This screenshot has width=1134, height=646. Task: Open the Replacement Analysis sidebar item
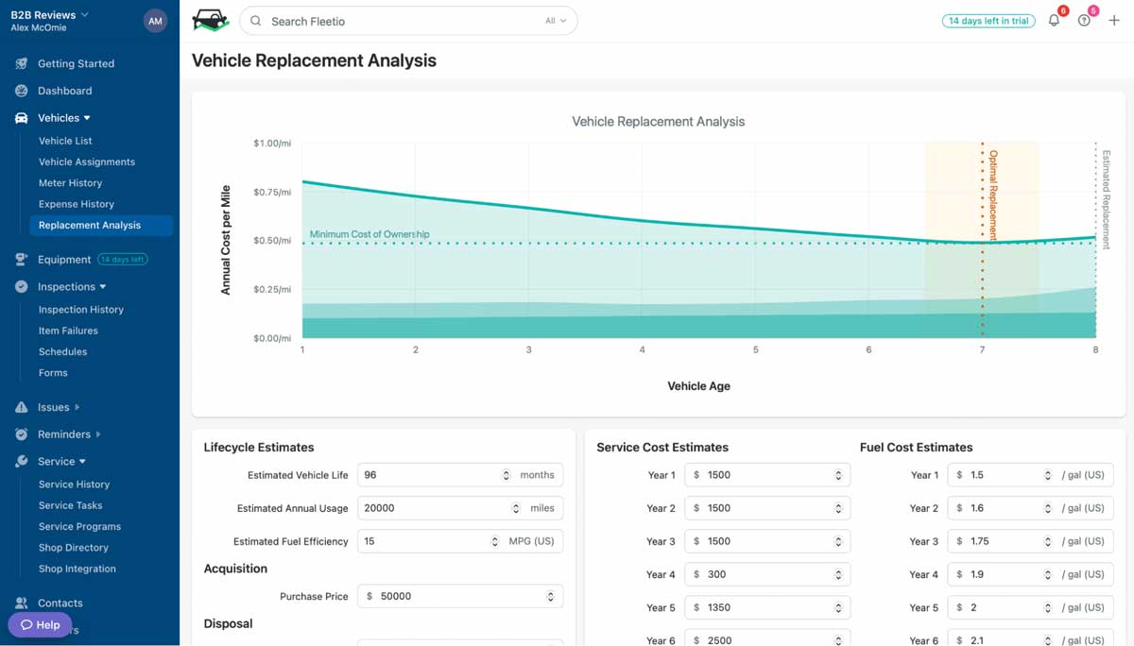coord(90,225)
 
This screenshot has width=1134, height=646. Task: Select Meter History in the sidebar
coord(70,183)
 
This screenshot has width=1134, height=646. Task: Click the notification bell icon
coord(1054,21)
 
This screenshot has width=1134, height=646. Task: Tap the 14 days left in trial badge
coord(988,21)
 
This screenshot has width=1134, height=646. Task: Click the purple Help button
coord(41,624)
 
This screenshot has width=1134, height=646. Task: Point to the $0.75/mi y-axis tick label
coord(272,192)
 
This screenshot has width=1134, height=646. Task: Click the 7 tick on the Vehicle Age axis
coord(982,349)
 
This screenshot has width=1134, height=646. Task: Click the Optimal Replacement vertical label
coord(992,195)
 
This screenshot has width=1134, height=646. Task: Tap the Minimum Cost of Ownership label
coord(369,234)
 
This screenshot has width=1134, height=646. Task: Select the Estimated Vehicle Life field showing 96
coord(430,475)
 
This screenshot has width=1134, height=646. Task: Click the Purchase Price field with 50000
coord(454,596)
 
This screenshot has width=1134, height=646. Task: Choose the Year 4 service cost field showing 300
coord(761,574)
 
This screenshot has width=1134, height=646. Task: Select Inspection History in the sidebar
coord(81,310)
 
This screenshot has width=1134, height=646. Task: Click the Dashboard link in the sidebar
coord(64,91)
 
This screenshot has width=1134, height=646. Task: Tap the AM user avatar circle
coord(155,21)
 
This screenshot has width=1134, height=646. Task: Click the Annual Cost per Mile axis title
coord(226,240)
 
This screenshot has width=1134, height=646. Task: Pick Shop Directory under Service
coord(74,548)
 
